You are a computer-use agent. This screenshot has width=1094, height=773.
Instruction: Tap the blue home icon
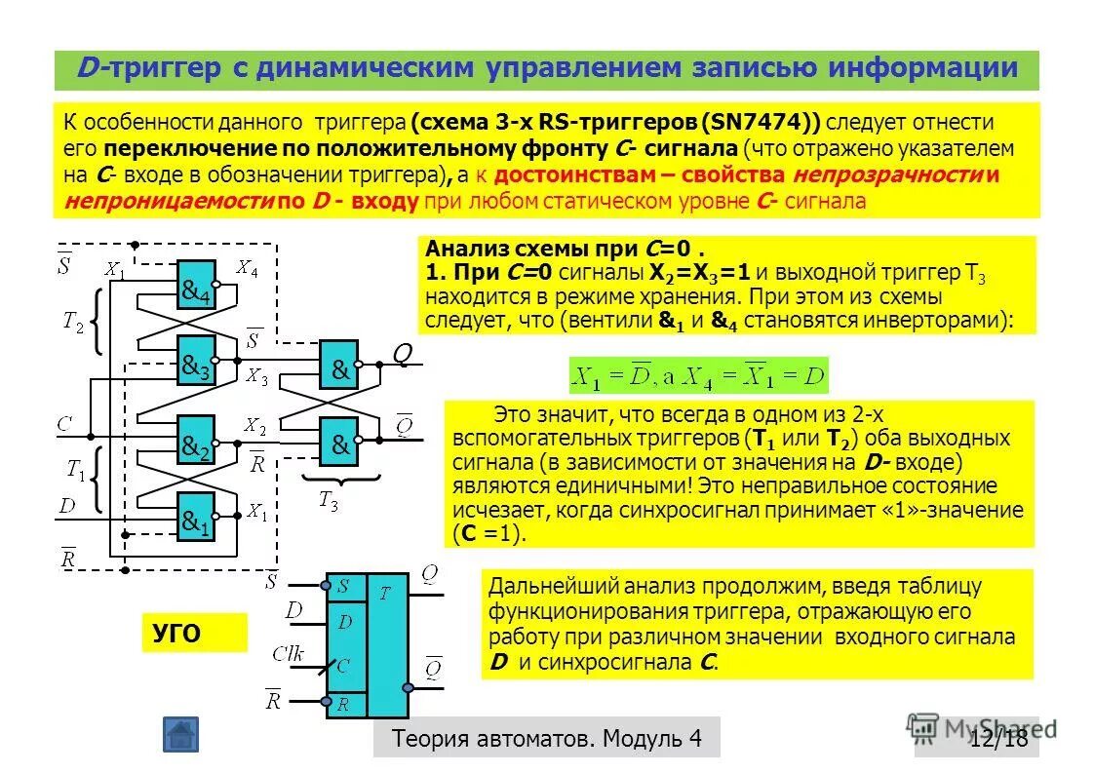(180, 734)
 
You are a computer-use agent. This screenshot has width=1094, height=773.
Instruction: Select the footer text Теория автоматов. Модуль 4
(546, 738)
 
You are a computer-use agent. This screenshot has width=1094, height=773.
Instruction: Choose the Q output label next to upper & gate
(401, 355)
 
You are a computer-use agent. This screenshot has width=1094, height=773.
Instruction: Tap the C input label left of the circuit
(64, 424)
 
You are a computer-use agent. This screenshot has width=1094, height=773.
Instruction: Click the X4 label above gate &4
(247, 266)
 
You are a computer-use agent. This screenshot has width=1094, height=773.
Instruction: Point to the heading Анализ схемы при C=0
(565, 249)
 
